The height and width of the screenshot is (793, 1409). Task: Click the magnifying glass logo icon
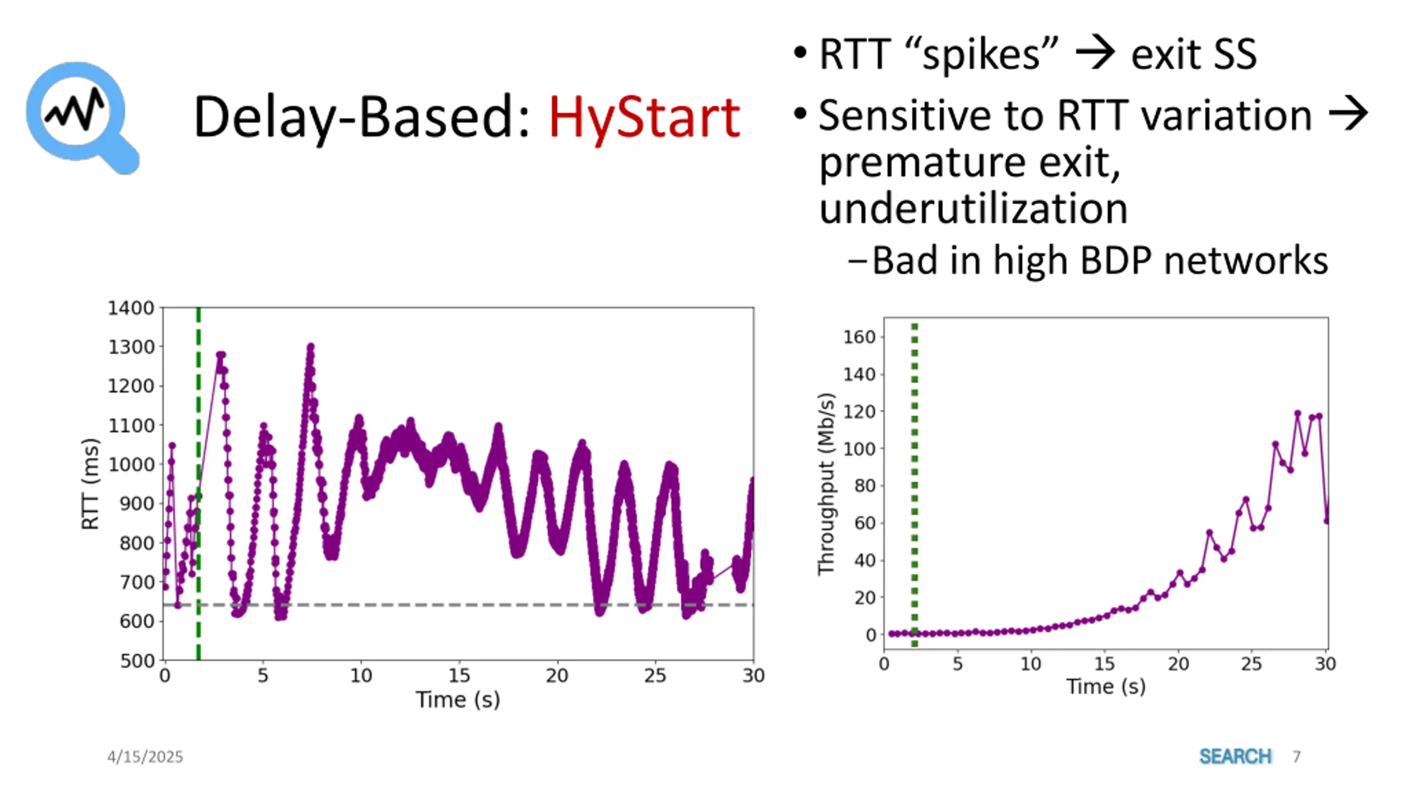[81, 117]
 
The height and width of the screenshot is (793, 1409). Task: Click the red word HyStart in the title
[644, 117]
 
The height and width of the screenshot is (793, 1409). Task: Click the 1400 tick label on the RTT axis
[130, 308]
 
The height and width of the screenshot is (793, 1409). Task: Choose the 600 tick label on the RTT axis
[138, 621]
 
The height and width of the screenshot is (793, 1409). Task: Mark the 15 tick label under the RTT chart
[458, 675]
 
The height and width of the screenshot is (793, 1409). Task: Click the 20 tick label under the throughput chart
[1178, 664]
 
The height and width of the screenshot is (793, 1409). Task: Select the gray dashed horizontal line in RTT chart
[440, 605]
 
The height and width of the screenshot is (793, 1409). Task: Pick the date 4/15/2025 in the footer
[145, 757]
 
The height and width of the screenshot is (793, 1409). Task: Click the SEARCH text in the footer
[1235, 757]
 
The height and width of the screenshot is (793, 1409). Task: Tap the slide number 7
[1296, 757]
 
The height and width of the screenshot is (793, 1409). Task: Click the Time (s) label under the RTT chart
[458, 699]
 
